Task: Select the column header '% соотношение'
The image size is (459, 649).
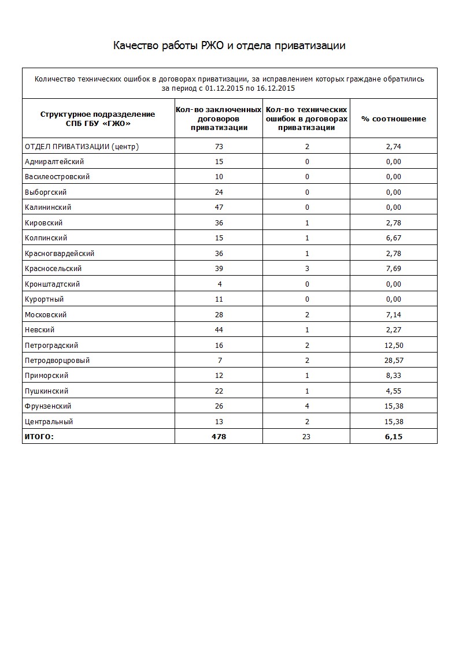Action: (394, 118)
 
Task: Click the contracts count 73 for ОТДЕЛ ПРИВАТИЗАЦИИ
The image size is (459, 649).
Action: (219, 147)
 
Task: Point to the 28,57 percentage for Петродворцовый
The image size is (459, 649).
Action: (394, 361)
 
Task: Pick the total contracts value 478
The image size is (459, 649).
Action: (219, 437)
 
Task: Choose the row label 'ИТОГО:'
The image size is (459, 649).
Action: (39, 437)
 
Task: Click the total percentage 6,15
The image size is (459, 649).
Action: (394, 437)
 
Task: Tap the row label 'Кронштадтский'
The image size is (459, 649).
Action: (53, 284)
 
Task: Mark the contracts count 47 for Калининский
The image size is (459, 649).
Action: (219, 207)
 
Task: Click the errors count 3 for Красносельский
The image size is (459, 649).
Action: (307, 269)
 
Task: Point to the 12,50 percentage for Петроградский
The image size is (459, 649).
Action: (394, 346)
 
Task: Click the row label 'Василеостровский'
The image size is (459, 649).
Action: (57, 177)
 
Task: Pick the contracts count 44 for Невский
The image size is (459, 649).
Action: (219, 330)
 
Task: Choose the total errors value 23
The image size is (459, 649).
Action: (306, 437)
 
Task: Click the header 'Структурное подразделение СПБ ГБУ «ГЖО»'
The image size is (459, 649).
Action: (98, 118)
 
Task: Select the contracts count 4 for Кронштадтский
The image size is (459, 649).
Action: (219, 284)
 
